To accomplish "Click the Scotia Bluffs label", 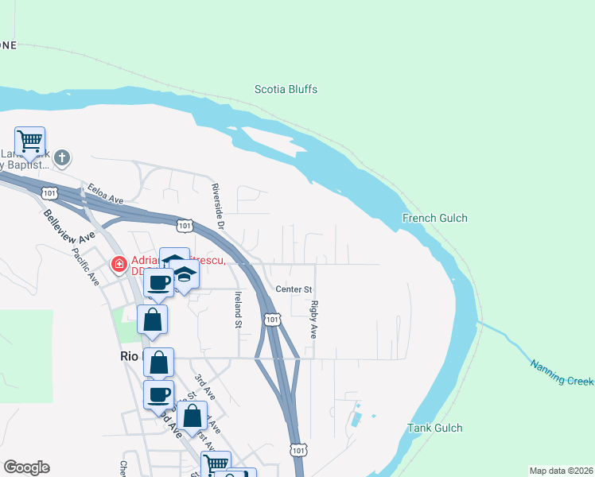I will tap(286, 90).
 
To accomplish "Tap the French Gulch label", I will tap(434, 218).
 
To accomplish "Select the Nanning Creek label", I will tap(562, 372).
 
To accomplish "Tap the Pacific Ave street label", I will tap(84, 269).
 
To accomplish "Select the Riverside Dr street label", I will tap(217, 205).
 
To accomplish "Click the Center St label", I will tap(294, 289).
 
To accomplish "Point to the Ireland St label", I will tap(237, 309).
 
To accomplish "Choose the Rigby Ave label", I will tap(314, 319).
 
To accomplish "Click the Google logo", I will tap(26, 467).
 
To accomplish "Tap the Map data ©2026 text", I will tap(560, 471).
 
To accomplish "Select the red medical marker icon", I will tap(119, 263).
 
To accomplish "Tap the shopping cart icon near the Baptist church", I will tap(29, 142).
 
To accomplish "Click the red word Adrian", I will tap(148, 260).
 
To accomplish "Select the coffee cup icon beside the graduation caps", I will tap(158, 281).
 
